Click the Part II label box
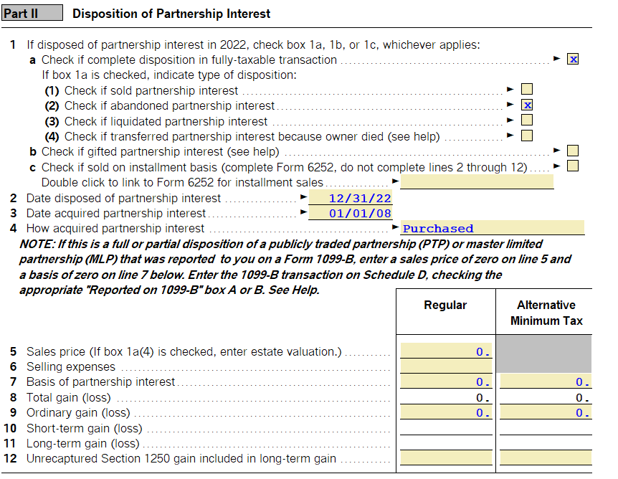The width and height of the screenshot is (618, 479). tap(32, 13)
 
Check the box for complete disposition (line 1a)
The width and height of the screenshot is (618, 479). tap(572, 60)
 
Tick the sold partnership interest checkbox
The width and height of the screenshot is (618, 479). tap(527, 90)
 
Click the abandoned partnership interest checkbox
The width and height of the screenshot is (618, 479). tap(527, 105)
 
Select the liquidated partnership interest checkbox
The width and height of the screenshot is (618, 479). tap(527, 120)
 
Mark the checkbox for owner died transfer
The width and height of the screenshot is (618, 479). tap(527, 136)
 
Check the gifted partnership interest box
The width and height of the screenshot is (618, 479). tap(572, 151)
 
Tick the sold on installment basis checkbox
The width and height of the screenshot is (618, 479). tap(572, 166)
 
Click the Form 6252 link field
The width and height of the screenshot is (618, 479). tap(477, 182)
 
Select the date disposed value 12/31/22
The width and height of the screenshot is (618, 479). tap(359, 198)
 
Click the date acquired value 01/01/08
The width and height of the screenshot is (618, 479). tap(359, 213)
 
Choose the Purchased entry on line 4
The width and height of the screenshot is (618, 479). tap(438, 229)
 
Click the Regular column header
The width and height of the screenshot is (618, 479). tap(445, 305)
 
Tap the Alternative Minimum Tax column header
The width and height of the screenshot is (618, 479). tap(546, 313)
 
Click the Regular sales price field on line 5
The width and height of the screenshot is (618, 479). tap(446, 351)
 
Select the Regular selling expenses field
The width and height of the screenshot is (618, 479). tap(446, 366)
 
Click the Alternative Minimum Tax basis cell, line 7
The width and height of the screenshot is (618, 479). tap(546, 382)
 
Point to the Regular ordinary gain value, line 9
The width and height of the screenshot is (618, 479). tap(446, 413)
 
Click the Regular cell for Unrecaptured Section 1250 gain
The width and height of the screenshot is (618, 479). tap(446, 458)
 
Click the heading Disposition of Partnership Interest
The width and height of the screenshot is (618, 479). tap(171, 14)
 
